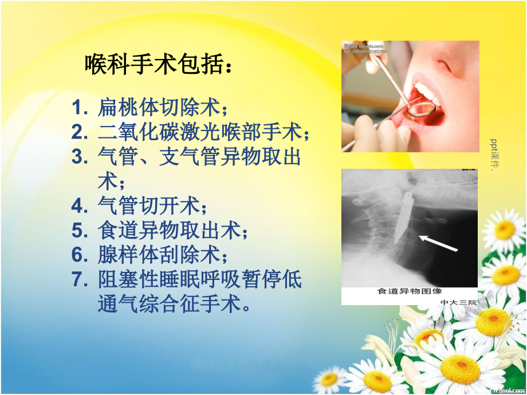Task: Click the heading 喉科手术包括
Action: [159, 64]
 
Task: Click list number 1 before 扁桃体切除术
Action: [80, 107]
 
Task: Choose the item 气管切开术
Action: [151, 206]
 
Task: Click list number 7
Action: [80, 280]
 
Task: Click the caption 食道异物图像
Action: [409, 291]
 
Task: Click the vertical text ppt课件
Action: [495, 155]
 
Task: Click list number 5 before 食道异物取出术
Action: [80, 231]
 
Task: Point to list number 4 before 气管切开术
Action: [80, 206]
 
